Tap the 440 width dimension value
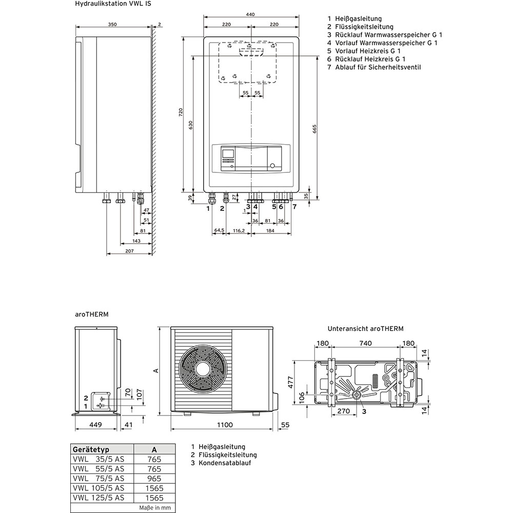point(250,15)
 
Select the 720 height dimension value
point(180,113)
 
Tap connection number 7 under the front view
point(294,207)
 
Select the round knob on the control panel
point(272,166)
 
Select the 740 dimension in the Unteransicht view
point(366,343)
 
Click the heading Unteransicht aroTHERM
point(366,328)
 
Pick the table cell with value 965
point(154,479)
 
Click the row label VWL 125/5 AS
point(98,498)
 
